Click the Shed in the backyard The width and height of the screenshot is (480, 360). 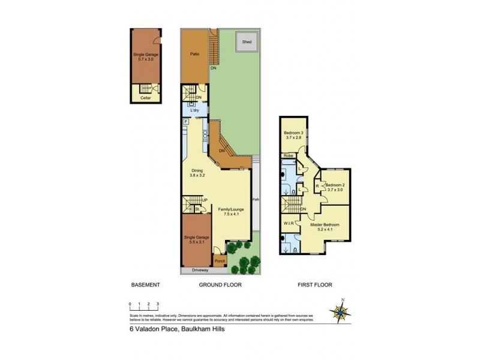246,42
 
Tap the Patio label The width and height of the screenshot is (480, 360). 195,54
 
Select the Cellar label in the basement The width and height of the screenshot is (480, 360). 145,98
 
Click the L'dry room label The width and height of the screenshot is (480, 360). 195,112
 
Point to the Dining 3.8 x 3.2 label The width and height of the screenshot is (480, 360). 197,173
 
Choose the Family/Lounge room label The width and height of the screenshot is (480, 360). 230,211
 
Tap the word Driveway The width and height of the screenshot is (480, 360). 200,271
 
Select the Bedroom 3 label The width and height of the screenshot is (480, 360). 293,134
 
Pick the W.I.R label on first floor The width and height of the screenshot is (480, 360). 288,224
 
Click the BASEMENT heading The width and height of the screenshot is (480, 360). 145,285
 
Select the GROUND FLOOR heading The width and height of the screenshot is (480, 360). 220,285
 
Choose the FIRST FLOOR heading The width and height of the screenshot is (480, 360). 314,285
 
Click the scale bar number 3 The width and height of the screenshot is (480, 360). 157,305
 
